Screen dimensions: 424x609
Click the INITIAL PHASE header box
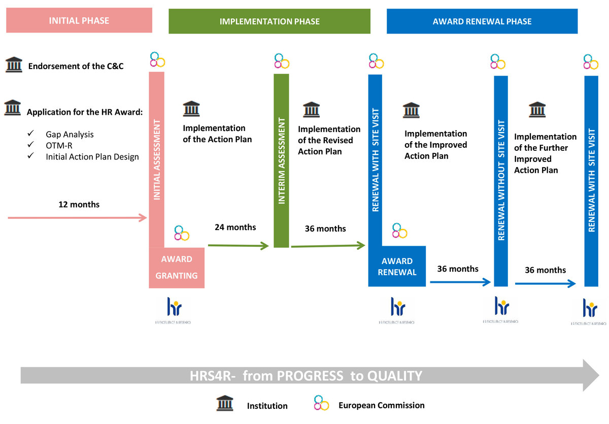coord(79,21)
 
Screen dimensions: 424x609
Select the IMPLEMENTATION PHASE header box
coord(269,21)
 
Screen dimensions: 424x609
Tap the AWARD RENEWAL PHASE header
coord(482,21)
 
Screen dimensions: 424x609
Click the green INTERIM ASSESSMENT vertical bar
coord(281,160)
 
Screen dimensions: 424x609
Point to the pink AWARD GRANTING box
coord(177,268)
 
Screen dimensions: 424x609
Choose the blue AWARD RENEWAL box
coord(397,267)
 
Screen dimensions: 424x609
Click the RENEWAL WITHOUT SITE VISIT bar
coord(501,181)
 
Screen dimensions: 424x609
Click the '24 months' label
coord(235,227)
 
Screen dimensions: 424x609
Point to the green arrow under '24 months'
coord(238,246)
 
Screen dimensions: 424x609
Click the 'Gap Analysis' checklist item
coord(70,135)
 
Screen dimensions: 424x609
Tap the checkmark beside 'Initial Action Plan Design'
coord(31,156)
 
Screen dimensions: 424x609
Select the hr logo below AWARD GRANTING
coord(174,307)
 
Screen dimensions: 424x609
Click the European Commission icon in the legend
coord(321,404)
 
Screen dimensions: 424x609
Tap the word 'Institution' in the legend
coord(267,406)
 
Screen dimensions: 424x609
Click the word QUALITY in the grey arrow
coord(394,376)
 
